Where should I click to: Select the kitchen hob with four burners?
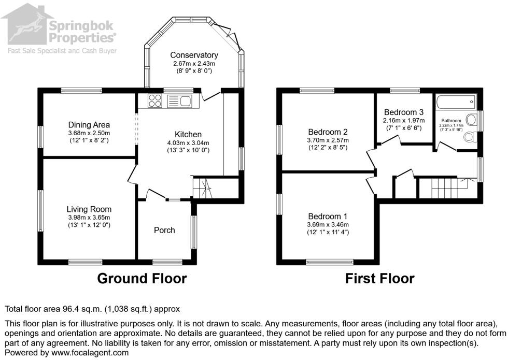[x=155, y=100]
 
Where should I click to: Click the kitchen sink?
[x=179, y=100]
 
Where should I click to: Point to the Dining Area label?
[x=89, y=125]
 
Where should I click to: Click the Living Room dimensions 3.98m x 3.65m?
[x=89, y=218]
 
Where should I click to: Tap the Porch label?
[x=165, y=230]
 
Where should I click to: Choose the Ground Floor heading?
[x=142, y=279]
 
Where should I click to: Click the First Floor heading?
[x=380, y=279]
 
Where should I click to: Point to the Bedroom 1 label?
[x=328, y=217]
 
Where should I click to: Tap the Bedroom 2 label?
[x=327, y=132]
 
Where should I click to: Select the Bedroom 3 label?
[x=403, y=112]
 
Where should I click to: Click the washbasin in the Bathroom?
[x=472, y=120]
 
